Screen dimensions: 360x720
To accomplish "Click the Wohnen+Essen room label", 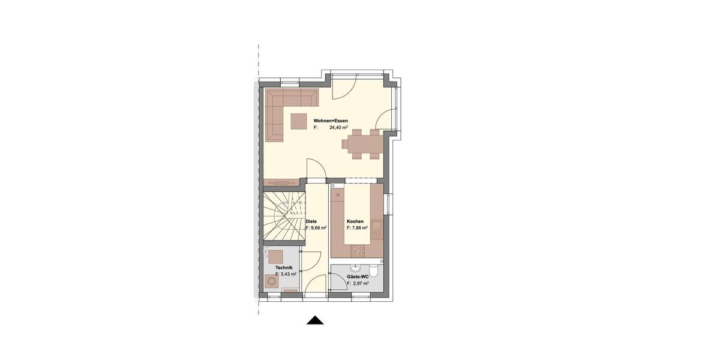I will (x=331, y=121).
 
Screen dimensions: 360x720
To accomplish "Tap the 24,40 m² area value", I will (x=339, y=128).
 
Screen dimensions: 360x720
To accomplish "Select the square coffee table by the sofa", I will (x=299, y=121).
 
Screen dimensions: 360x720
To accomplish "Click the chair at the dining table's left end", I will (x=346, y=144).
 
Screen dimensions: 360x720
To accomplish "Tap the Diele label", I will (x=311, y=221).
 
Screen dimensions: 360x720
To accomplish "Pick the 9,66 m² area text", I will (x=317, y=229).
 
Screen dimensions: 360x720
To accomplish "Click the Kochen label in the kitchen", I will (x=355, y=221).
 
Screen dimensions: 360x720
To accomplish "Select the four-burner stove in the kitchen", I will (x=358, y=250).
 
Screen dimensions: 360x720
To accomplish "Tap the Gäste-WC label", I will (x=357, y=277).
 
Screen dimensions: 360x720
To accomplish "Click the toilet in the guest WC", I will (x=373, y=268).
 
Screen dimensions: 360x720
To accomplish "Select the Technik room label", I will (x=283, y=267).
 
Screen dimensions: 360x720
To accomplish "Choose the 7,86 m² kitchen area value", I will (x=358, y=229).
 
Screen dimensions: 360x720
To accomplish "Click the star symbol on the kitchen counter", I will (x=338, y=196).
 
